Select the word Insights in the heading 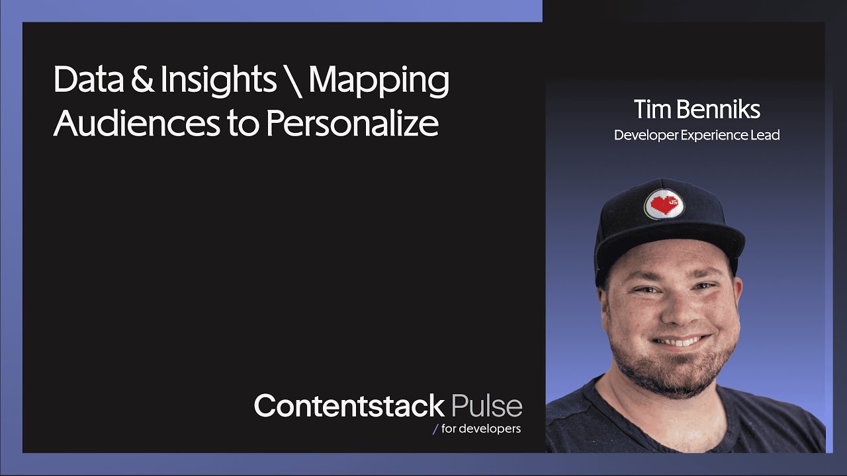point(219,81)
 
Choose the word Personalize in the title point(353,124)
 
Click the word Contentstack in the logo point(349,405)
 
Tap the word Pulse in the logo point(486,405)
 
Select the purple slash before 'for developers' point(435,429)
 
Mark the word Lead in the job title point(766,135)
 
